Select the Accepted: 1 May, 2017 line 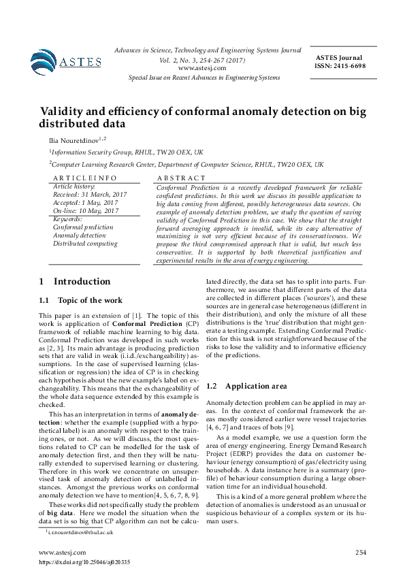(85, 203)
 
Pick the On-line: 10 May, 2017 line (86, 211)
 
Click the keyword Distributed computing (85, 244)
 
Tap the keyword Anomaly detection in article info (80, 235)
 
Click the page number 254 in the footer (360, 552)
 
